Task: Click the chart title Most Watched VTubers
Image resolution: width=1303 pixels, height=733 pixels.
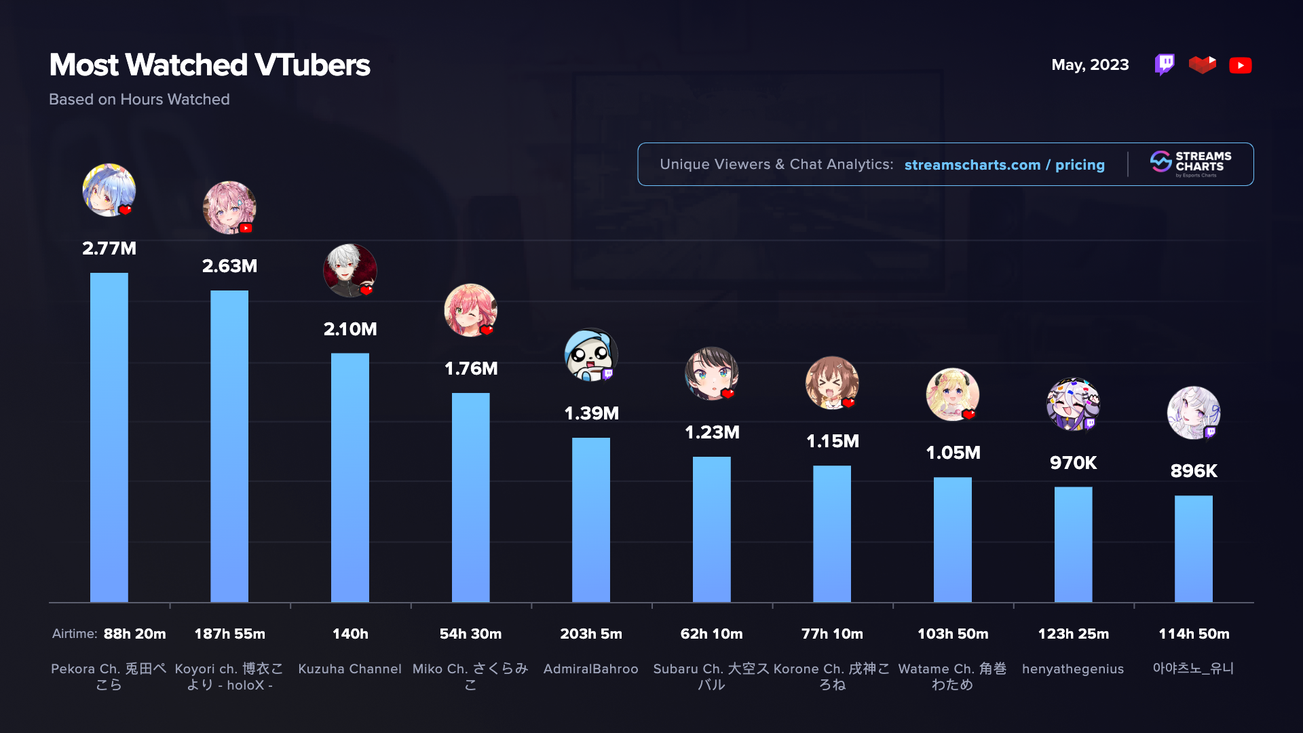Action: (210, 65)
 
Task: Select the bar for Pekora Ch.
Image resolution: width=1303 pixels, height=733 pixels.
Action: (109, 437)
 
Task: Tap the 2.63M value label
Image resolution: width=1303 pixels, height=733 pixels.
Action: (229, 266)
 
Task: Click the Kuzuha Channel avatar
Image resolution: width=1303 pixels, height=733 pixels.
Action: (350, 270)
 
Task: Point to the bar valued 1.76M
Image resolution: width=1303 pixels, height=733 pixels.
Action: (470, 497)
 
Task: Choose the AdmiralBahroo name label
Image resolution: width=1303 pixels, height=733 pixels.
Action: (590, 669)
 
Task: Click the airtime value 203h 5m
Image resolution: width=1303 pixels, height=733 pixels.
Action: (590, 634)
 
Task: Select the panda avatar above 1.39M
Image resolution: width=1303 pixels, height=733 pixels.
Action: (591, 355)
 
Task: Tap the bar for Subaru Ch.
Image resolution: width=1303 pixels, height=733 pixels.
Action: (711, 529)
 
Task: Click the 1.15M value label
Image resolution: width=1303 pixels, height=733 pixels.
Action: (832, 441)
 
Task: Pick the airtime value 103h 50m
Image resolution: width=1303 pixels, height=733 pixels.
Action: (953, 634)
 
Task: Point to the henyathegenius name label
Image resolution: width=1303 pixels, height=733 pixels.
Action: (1073, 669)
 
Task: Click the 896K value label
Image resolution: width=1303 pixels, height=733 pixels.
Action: (1194, 471)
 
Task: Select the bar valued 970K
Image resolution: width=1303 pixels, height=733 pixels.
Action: (1073, 544)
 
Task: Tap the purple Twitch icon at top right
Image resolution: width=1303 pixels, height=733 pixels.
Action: (1165, 64)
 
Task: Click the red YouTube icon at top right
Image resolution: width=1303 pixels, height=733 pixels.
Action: (1241, 65)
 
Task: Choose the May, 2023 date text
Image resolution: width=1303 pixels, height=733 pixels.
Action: (1090, 65)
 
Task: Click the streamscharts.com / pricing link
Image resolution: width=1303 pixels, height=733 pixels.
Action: (1004, 165)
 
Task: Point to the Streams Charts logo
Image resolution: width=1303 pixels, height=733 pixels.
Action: (1191, 164)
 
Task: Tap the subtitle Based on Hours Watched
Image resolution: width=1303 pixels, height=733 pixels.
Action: (139, 100)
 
